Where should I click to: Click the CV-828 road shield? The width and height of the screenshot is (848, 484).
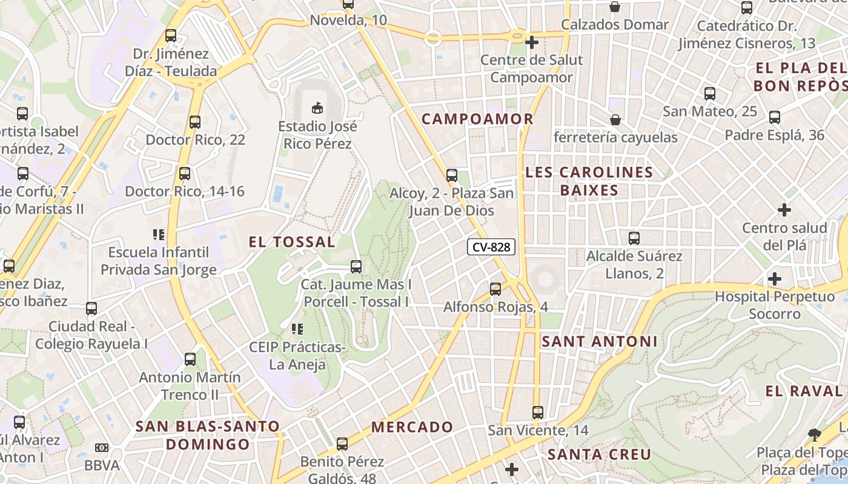pyautogui.click(x=491, y=247)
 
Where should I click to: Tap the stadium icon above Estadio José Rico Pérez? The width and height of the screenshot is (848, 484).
pyautogui.click(x=316, y=108)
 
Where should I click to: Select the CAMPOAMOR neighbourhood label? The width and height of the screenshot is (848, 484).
pyautogui.click(x=477, y=119)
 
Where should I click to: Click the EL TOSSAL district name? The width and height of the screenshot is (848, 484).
pyautogui.click(x=291, y=243)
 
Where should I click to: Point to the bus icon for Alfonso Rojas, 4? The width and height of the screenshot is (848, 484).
pyautogui.click(x=495, y=289)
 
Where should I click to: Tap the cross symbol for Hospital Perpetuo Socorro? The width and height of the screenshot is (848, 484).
pyautogui.click(x=774, y=280)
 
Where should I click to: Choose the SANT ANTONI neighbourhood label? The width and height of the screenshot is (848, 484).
pyautogui.click(x=599, y=342)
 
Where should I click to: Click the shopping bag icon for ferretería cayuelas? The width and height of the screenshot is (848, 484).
pyautogui.click(x=615, y=120)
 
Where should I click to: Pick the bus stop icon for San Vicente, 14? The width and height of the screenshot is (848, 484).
pyautogui.click(x=537, y=413)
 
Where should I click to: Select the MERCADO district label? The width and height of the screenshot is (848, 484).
pyautogui.click(x=412, y=427)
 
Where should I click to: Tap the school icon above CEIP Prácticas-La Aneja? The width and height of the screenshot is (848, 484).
pyautogui.click(x=297, y=329)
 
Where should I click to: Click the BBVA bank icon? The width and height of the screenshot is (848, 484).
pyautogui.click(x=102, y=448)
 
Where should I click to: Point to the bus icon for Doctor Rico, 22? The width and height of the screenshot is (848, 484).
pyautogui.click(x=194, y=122)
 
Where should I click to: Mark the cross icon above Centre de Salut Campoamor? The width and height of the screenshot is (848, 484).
pyautogui.click(x=531, y=42)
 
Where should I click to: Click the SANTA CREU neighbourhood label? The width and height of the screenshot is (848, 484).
pyautogui.click(x=599, y=454)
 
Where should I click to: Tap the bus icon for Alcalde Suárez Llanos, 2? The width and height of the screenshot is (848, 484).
pyautogui.click(x=634, y=238)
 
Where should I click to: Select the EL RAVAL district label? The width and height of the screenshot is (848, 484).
pyautogui.click(x=803, y=391)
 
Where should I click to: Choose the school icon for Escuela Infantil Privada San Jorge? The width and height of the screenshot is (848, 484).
pyautogui.click(x=159, y=235)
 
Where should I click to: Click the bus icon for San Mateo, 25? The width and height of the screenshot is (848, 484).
pyautogui.click(x=709, y=94)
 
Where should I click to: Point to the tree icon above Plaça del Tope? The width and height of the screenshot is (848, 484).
pyautogui.click(x=815, y=434)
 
